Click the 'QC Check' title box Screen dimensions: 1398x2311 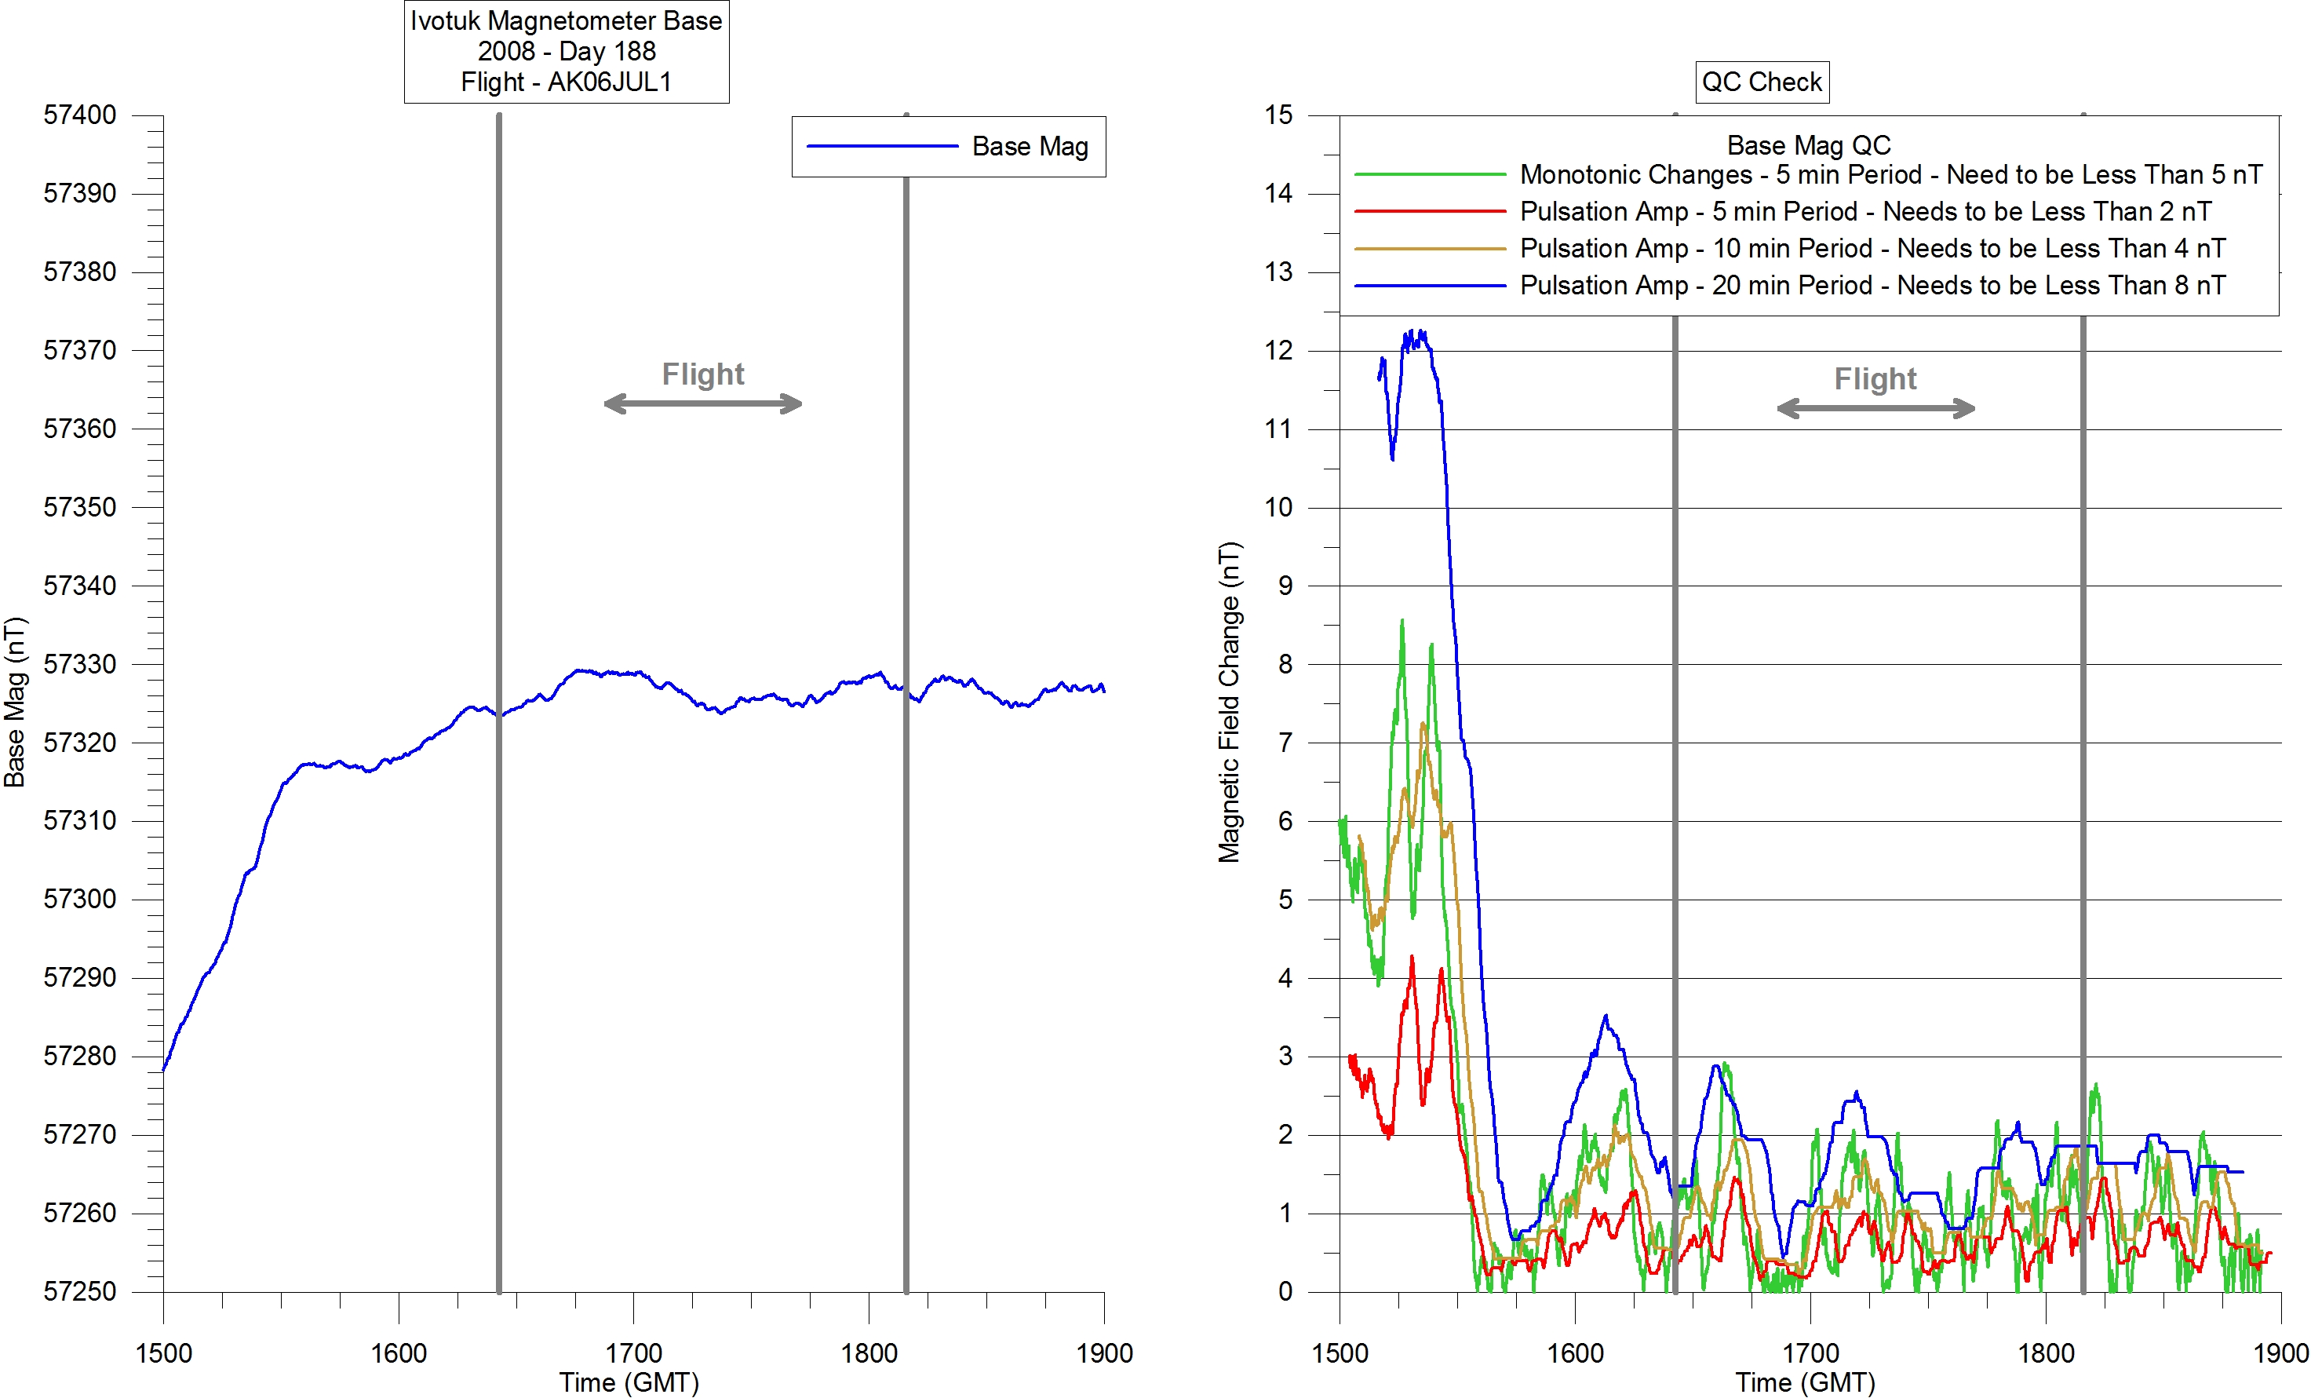[x=1762, y=82]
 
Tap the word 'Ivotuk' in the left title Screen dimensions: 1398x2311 [x=446, y=20]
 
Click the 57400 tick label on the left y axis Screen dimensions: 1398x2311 [x=80, y=115]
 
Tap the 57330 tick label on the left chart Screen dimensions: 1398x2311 [x=80, y=664]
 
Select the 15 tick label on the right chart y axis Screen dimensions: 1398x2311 [x=1278, y=115]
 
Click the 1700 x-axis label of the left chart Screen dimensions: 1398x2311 [x=633, y=1353]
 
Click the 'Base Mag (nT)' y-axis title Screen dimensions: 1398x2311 [x=15, y=702]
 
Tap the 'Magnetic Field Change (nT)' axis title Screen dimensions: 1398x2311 [x=1229, y=702]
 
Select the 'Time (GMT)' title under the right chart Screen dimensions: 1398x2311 [x=1805, y=1382]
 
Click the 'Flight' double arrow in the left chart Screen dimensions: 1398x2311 [x=702, y=404]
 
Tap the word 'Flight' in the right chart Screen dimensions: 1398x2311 [x=1875, y=378]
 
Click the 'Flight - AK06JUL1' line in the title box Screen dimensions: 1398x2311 [x=566, y=82]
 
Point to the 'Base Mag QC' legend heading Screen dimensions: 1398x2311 [x=1808, y=145]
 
